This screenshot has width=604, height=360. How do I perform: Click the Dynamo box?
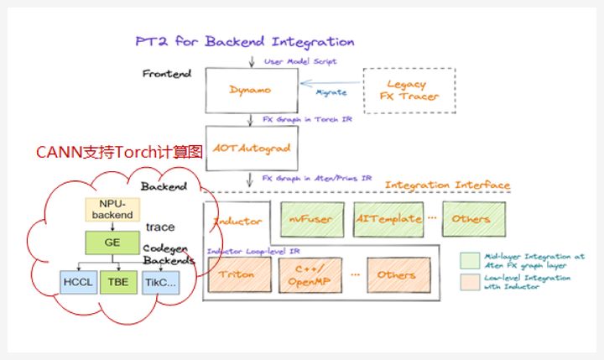pos(250,89)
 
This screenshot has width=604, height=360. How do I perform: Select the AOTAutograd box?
pos(250,149)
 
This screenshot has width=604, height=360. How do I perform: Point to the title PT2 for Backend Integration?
pos(245,41)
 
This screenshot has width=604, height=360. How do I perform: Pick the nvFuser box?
pos(311,219)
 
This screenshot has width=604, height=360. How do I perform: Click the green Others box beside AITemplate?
pos(474,219)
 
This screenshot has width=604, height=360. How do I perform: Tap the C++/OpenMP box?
pos(312,274)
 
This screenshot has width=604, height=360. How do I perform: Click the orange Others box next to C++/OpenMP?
pos(396,274)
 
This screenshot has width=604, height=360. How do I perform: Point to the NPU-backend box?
pos(112,210)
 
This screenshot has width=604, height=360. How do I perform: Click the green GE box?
pos(112,242)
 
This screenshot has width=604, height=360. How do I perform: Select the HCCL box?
pos(77,283)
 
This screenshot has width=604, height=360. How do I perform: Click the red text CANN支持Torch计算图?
pos(119,153)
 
